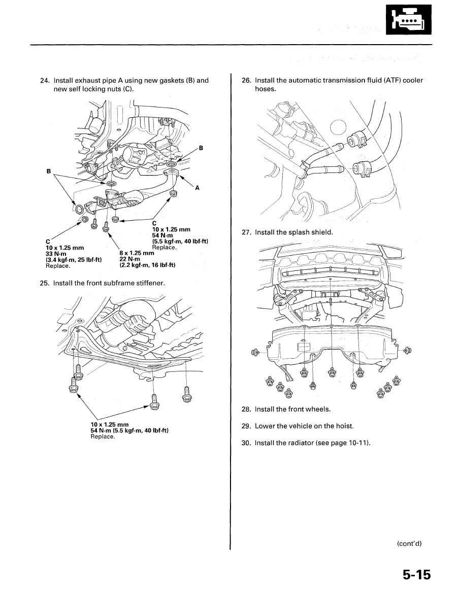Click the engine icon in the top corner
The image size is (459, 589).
(x=410, y=20)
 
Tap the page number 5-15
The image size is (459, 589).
(x=416, y=575)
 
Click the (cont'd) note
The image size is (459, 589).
(x=409, y=543)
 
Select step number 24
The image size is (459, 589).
(x=44, y=81)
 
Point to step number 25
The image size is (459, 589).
(x=44, y=283)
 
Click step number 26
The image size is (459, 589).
(x=246, y=81)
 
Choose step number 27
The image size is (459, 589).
(x=246, y=232)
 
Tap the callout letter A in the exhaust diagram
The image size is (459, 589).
(x=197, y=188)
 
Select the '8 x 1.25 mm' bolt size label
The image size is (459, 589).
(x=137, y=253)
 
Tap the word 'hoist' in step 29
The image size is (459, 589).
(x=343, y=426)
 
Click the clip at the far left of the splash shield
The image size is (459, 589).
(x=256, y=352)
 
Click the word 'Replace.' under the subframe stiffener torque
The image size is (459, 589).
(x=102, y=436)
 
